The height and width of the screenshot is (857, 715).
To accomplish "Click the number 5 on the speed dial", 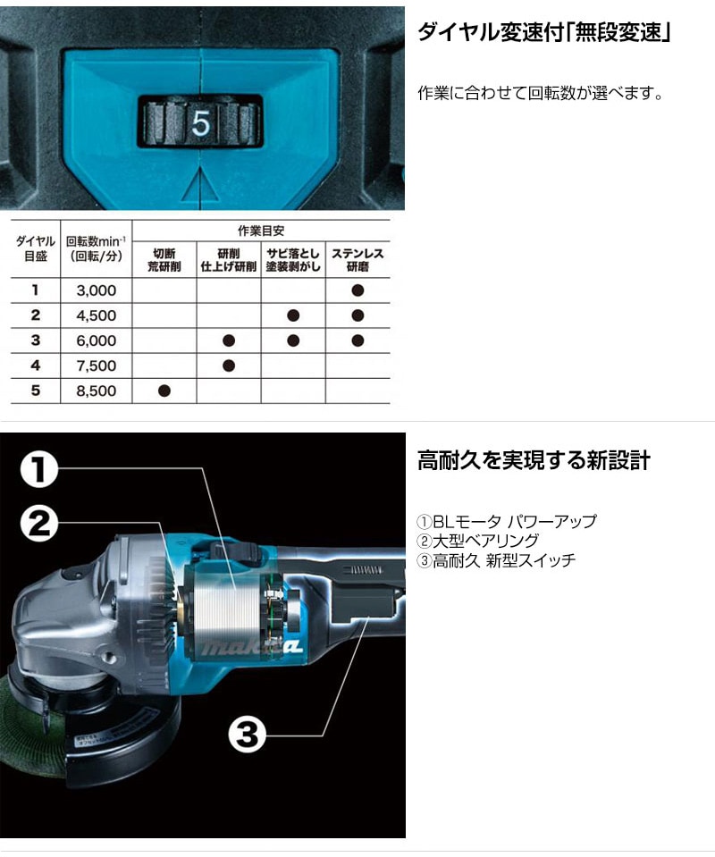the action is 200,123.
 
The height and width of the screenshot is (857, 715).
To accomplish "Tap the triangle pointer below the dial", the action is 200,185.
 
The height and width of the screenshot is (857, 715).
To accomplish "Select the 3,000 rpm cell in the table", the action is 97,290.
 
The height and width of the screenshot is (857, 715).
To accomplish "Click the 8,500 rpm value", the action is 97,391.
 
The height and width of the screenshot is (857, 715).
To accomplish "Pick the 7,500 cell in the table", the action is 97,365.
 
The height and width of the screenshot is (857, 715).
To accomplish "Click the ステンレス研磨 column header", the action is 357,260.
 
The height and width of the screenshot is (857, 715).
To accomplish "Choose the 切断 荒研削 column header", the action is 164,260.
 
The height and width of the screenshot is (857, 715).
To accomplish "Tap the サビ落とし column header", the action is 293,260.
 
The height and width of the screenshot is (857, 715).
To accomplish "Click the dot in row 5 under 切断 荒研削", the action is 164,391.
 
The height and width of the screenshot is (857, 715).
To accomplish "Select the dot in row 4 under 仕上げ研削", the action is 229,365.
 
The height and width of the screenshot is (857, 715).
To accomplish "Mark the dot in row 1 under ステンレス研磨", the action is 357,290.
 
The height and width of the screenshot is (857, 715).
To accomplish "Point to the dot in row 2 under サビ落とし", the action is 293,315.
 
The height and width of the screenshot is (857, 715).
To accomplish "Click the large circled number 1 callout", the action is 38,470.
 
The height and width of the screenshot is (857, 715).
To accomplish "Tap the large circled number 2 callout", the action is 38,523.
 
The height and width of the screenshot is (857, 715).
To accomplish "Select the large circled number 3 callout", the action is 247,734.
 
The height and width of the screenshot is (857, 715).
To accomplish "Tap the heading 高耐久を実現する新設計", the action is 534,460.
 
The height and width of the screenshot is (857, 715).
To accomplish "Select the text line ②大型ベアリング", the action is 478,541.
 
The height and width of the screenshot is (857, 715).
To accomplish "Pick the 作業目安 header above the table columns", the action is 261,231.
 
